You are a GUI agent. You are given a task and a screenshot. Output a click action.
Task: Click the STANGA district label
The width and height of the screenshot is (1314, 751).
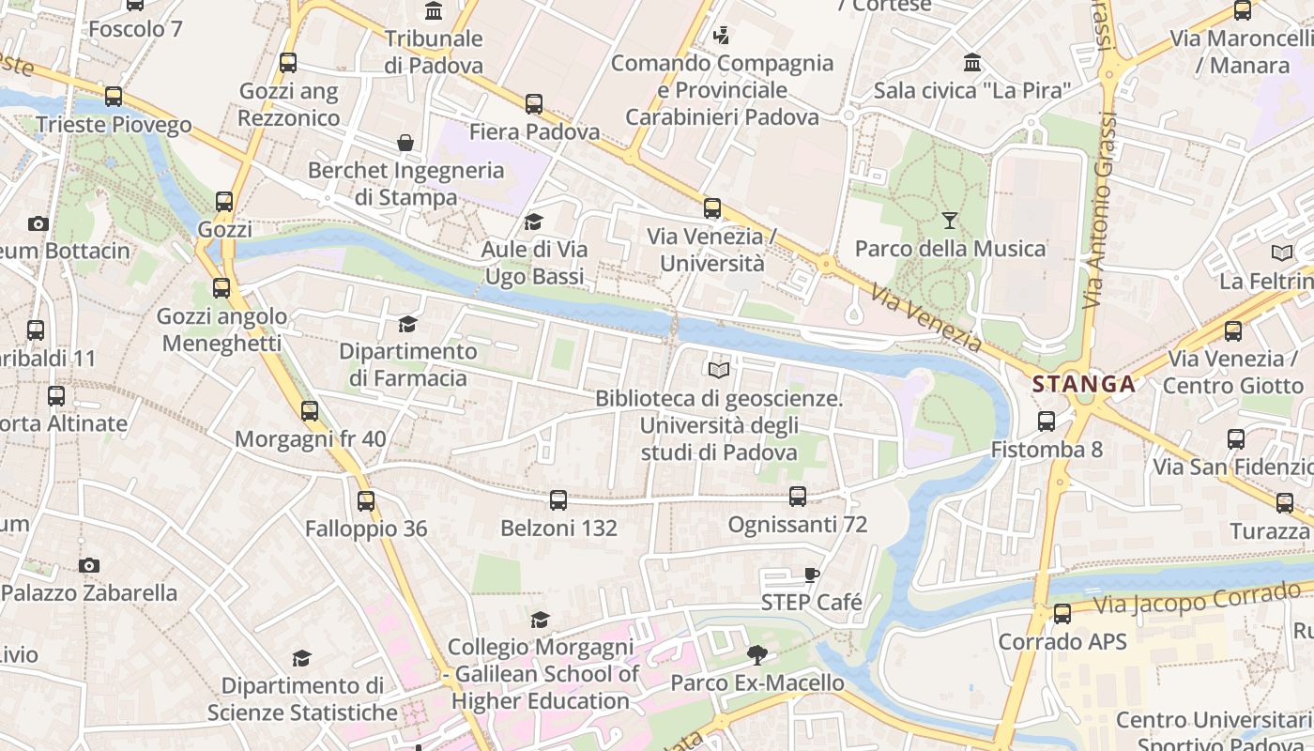pyautogui.click(x=1084, y=384)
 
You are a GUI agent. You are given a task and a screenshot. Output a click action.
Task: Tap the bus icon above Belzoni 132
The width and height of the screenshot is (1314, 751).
pyautogui.click(x=558, y=500)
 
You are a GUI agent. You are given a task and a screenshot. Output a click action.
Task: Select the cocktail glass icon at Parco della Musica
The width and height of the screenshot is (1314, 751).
pyautogui.click(x=950, y=221)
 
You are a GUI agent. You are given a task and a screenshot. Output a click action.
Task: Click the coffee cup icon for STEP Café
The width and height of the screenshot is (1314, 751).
pyautogui.click(x=812, y=575)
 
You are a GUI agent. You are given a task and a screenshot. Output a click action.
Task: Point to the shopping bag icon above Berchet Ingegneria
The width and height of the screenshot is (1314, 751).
pyautogui.click(x=405, y=143)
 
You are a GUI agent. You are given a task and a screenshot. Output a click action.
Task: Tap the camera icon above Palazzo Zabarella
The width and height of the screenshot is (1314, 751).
pyautogui.click(x=89, y=565)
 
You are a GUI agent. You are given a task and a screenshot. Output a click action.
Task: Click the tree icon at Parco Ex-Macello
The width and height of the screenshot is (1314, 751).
pyautogui.click(x=756, y=654)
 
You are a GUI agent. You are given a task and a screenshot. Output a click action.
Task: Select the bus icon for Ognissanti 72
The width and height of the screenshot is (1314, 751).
pyautogui.click(x=798, y=496)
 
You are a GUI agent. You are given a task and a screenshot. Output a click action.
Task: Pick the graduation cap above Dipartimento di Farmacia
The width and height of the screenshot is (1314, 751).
pyautogui.click(x=407, y=324)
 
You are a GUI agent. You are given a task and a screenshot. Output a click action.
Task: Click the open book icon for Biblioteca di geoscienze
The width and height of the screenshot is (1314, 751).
pyautogui.click(x=719, y=371)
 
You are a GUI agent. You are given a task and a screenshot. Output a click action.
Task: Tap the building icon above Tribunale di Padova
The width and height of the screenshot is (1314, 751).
pyautogui.click(x=434, y=11)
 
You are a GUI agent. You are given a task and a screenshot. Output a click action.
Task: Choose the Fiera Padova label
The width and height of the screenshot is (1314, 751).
pyautogui.click(x=534, y=132)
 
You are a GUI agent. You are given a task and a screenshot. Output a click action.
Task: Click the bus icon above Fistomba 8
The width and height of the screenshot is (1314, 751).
pyautogui.click(x=1047, y=421)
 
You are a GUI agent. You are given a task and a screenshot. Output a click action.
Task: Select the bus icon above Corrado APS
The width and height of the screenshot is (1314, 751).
pyautogui.click(x=1062, y=614)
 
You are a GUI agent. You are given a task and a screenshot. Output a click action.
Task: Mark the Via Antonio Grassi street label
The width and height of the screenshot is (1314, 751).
pyautogui.click(x=1100, y=211)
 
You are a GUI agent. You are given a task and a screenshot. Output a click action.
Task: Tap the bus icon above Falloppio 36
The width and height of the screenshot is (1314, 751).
pyautogui.click(x=366, y=501)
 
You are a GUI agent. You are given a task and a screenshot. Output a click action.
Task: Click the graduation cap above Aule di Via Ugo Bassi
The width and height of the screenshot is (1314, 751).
pyautogui.click(x=534, y=222)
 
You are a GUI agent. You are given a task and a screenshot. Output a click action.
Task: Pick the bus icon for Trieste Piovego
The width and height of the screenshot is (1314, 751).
pyautogui.click(x=114, y=97)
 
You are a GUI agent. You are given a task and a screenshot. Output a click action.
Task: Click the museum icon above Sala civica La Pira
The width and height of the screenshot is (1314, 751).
pyautogui.click(x=973, y=63)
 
